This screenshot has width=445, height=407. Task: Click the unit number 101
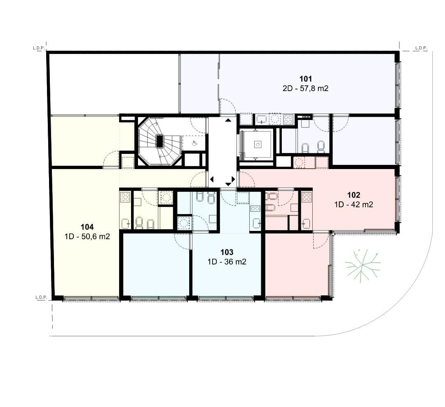pyautogui.click(x=305, y=79)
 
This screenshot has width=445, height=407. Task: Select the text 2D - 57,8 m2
pyautogui.click(x=305, y=88)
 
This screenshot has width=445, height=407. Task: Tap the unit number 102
pyautogui.click(x=354, y=195)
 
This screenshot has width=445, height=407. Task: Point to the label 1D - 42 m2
pyautogui.click(x=354, y=205)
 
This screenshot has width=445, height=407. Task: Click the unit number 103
pyautogui.click(x=227, y=252)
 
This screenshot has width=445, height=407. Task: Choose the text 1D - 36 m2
pyautogui.click(x=227, y=261)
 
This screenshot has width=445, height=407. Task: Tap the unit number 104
pyautogui.click(x=87, y=227)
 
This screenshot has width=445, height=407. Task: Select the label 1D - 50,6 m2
pyautogui.click(x=87, y=237)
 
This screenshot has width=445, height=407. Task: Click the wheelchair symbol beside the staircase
pyautogui.click(x=194, y=143)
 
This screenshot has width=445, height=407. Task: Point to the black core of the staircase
pyautogui.click(x=160, y=141)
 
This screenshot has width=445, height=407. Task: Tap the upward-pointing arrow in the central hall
pyautogui.click(x=228, y=120)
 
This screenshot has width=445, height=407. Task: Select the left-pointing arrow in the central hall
pyautogui.click(x=212, y=179)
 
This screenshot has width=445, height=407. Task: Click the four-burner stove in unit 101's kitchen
pyautogui.click(x=288, y=119)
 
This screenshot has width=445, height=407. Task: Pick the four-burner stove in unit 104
pyautogui.click(x=125, y=197)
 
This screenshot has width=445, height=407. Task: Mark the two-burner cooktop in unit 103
pyautogui.click(x=255, y=209)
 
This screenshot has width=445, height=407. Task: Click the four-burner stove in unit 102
pyautogui.click(x=307, y=197)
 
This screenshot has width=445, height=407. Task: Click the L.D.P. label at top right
pyautogui.click(x=421, y=48)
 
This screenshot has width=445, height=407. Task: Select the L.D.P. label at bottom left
pyautogui.click(x=41, y=297)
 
